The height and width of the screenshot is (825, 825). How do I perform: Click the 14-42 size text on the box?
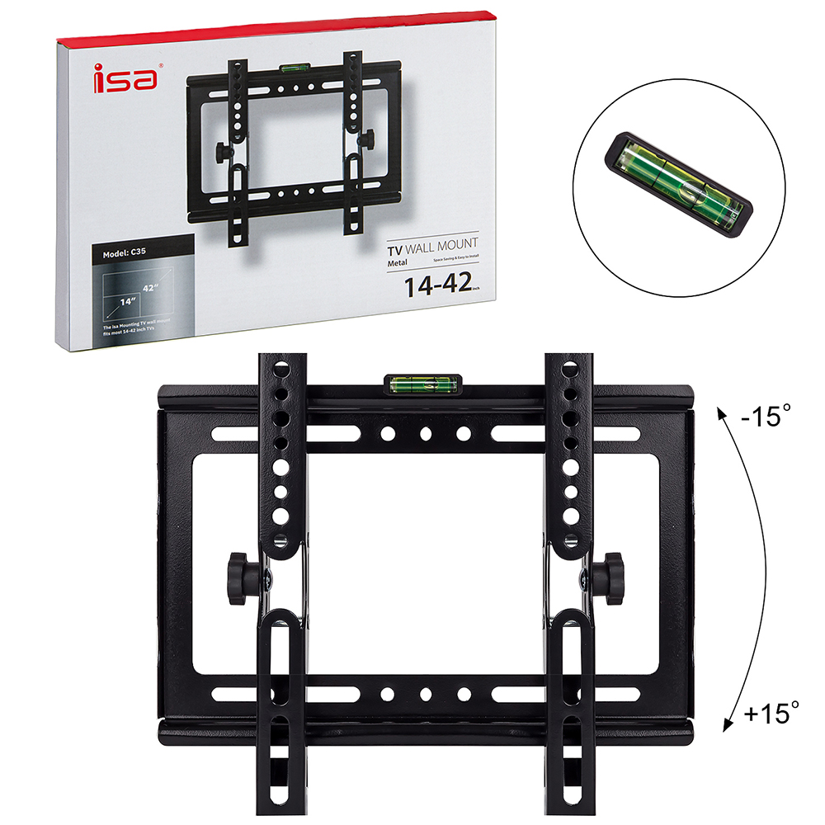tap(436, 285)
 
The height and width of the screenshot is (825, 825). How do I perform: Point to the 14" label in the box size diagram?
tap(126, 302)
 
